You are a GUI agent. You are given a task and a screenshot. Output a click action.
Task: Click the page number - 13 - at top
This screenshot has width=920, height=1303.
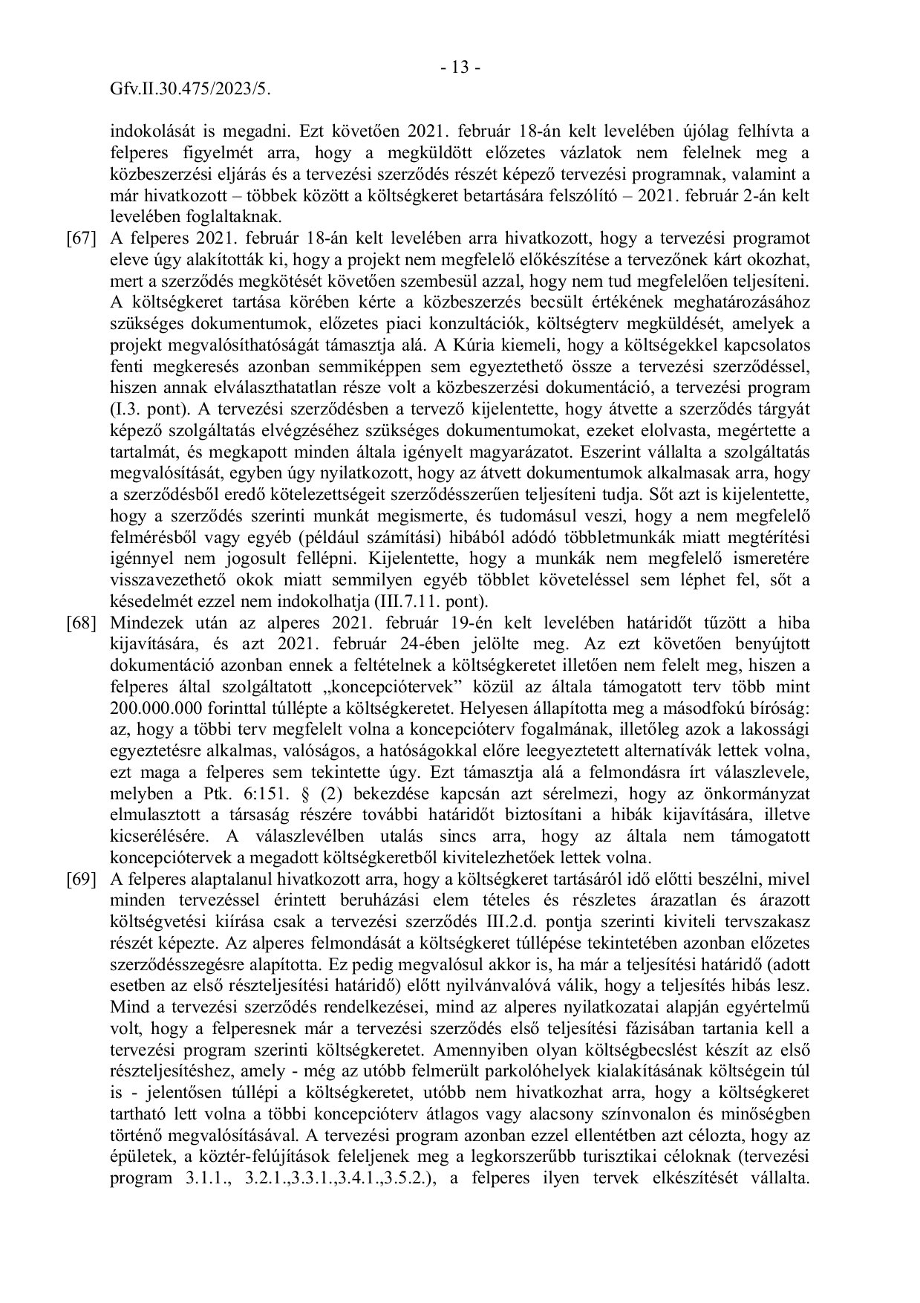click(460, 68)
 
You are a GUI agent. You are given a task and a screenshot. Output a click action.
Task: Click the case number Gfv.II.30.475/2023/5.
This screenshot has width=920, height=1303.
click(189, 89)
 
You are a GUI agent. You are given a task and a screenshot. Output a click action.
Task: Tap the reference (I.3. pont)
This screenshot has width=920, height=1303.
click(149, 409)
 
